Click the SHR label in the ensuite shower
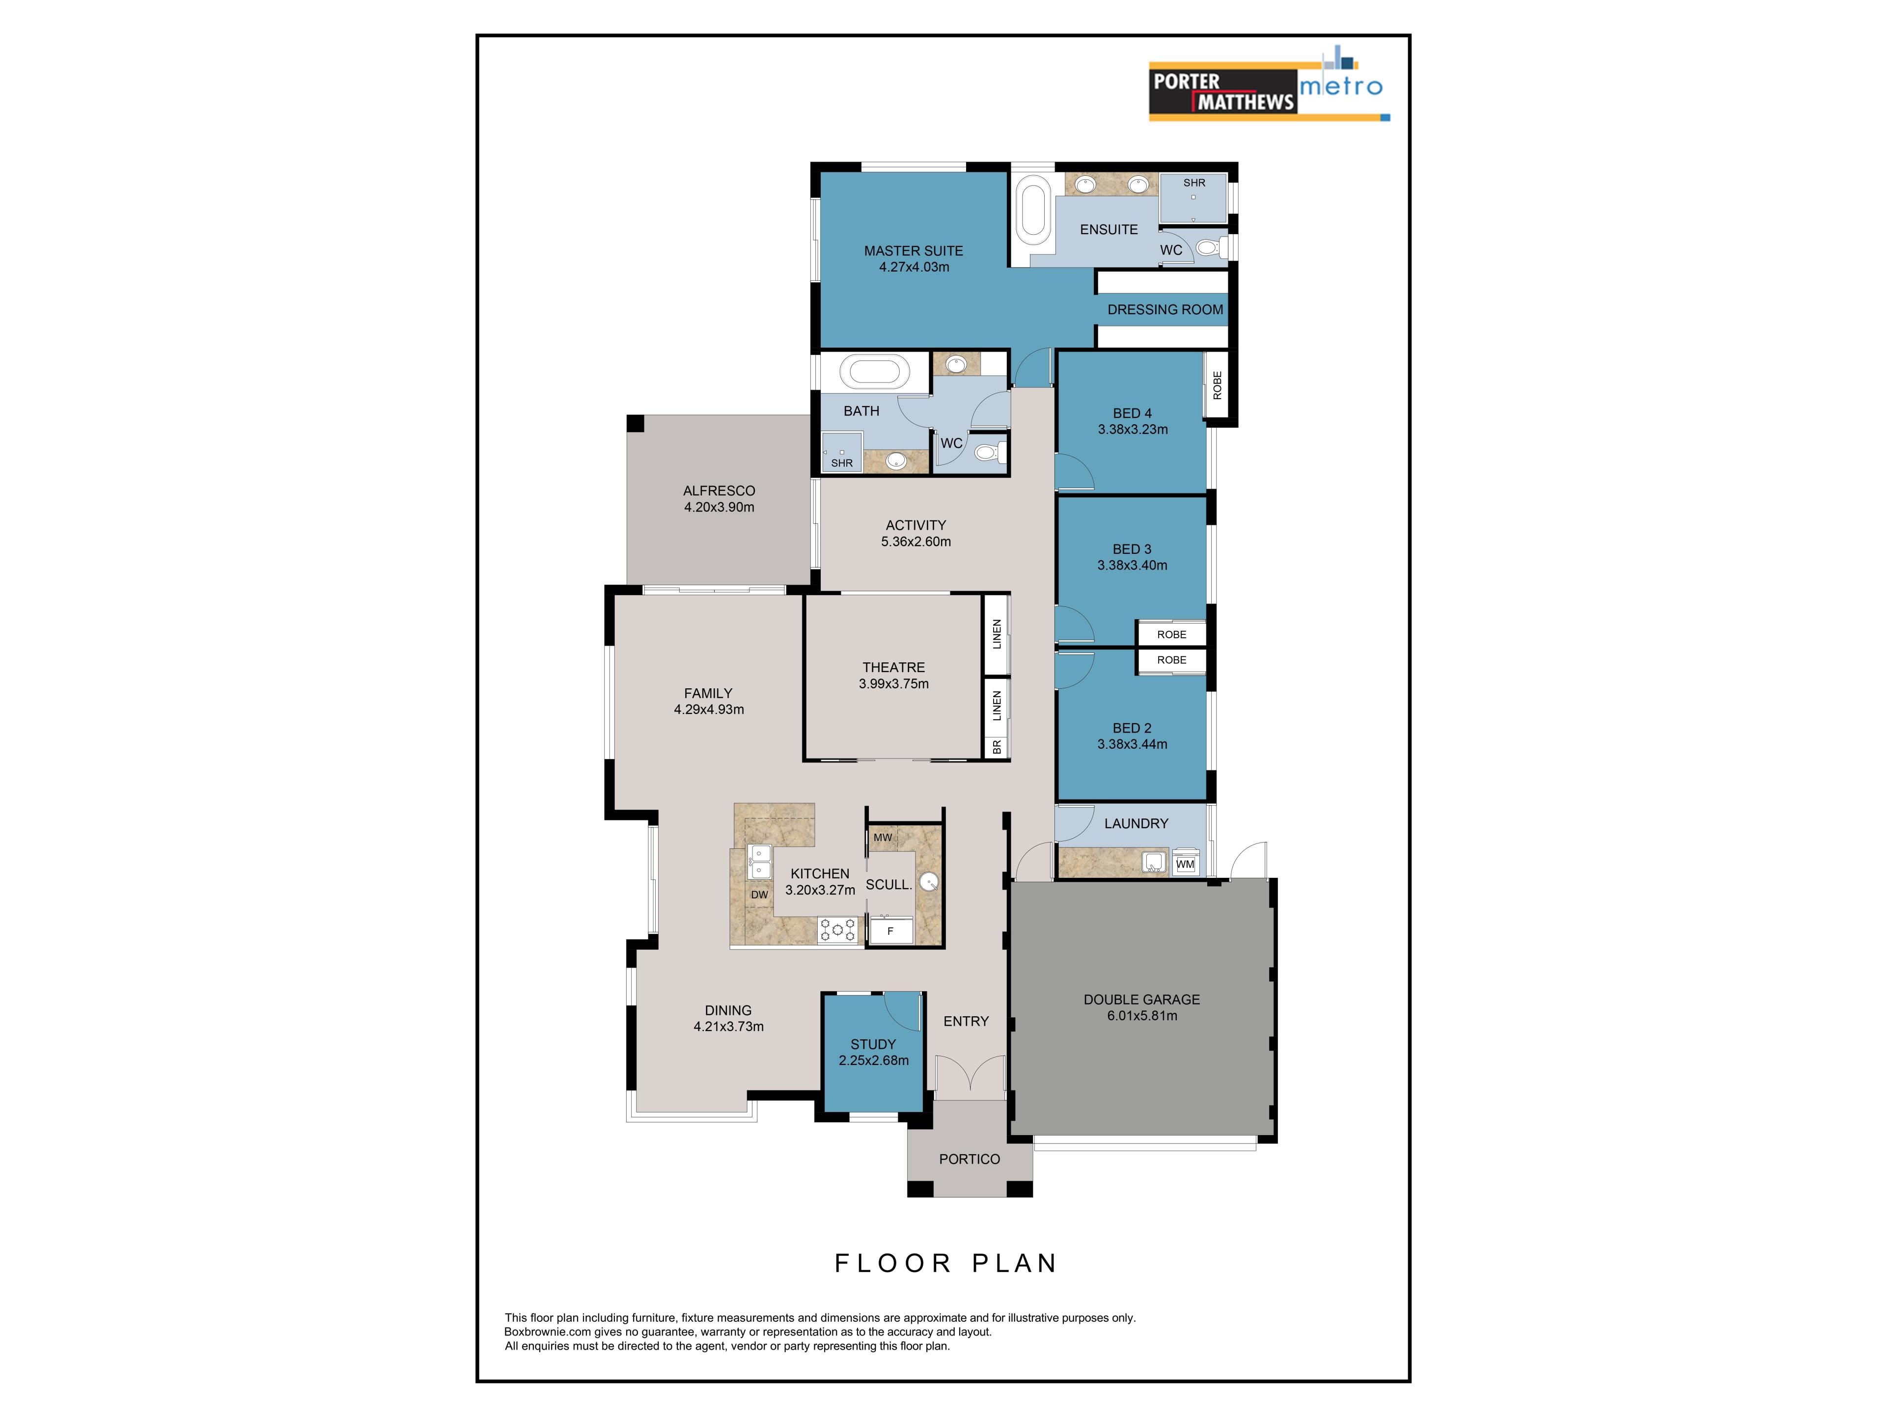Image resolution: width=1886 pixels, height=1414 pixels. click(x=1193, y=183)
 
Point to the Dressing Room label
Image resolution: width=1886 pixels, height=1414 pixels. click(x=1165, y=309)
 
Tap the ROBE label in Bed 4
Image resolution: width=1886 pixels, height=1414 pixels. click(x=1217, y=385)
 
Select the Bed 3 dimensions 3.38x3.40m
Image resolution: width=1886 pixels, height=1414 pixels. click(x=1132, y=565)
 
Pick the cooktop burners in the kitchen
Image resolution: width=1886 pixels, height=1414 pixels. click(x=837, y=929)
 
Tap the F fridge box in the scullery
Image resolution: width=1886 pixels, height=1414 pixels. click(x=890, y=931)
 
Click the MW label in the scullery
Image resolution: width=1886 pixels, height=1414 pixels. click(x=883, y=837)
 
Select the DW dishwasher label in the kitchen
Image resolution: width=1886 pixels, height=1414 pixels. click(x=759, y=894)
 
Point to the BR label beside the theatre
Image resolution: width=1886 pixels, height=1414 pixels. click(x=997, y=747)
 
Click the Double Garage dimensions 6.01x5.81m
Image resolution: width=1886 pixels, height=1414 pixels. click(x=1141, y=1015)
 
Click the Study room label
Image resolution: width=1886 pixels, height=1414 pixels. click(x=873, y=1044)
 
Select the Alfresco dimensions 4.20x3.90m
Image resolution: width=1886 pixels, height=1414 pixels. click(x=719, y=507)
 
